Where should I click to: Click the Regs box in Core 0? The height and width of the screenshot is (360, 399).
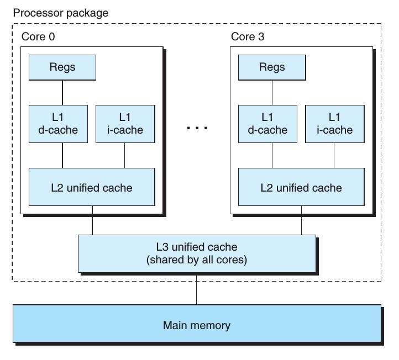pyautogui.click(x=62, y=67)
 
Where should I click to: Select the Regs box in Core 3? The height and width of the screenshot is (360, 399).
pyautogui.click(x=272, y=67)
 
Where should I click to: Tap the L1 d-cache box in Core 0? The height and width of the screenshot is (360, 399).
pyautogui.click(x=58, y=124)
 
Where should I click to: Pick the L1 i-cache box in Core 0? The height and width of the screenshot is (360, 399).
pyautogui.click(x=125, y=124)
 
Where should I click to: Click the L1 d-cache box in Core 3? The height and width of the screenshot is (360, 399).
pyautogui.click(x=267, y=124)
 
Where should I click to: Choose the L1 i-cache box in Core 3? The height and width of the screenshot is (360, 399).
pyautogui.click(x=335, y=124)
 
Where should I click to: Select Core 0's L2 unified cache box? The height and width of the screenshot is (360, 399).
pyautogui.click(x=92, y=187)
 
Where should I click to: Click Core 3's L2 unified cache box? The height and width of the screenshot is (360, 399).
pyautogui.click(x=301, y=187)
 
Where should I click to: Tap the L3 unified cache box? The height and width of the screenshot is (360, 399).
pyautogui.click(x=197, y=254)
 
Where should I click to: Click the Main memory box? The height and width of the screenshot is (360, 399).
pyautogui.click(x=197, y=324)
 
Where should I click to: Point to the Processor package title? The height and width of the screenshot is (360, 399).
pyautogui.click(x=61, y=13)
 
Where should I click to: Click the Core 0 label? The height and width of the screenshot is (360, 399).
pyautogui.click(x=38, y=36)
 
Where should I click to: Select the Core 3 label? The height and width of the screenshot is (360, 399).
pyautogui.click(x=248, y=36)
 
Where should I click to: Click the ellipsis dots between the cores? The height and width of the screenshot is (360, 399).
pyautogui.click(x=197, y=128)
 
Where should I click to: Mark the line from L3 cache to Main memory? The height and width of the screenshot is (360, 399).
pyautogui.click(x=196, y=290)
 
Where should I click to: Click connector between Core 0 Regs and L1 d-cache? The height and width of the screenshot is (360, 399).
pyautogui.click(x=62, y=93)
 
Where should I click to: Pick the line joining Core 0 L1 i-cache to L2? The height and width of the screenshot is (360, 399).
pyautogui.click(x=125, y=155)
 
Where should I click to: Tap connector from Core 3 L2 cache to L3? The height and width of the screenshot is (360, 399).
pyautogui.click(x=302, y=220)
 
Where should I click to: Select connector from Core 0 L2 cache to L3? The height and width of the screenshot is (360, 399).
pyautogui.click(x=92, y=220)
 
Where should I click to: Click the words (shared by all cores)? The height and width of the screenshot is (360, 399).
pyautogui.click(x=197, y=260)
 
